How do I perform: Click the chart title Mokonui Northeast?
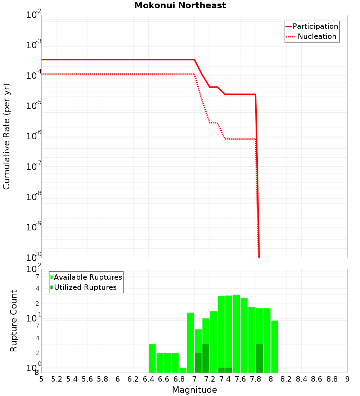click(180, 6)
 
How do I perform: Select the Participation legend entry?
click(315, 26)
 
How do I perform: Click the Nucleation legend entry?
click(317, 36)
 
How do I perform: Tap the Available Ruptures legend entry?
click(88, 277)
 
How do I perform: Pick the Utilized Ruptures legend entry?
click(85, 287)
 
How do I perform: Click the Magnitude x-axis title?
click(194, 390)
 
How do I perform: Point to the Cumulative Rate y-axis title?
click(6, 136)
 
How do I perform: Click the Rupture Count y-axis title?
click(14, 321)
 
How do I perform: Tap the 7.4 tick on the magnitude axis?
click(225, 379)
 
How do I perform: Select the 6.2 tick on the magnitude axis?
click(133, 379)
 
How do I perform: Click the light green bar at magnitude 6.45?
click(152, 358)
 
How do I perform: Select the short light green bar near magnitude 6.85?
click(183, 370)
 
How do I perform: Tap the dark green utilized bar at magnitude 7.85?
click(259, 358)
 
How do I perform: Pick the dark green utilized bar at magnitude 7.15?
click(206, 358)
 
